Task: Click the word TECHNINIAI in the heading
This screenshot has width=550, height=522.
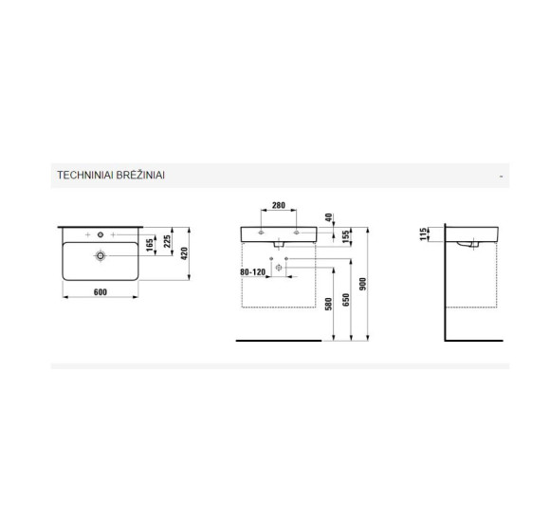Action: pos(85,176)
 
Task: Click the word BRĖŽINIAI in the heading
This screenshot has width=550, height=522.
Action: pos(140,175)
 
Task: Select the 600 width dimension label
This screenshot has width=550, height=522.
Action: pos(101,292)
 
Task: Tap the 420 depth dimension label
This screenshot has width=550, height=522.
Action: pos(184,253)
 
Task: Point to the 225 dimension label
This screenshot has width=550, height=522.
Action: pos(167,241)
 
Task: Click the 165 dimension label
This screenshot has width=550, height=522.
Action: pos(150,245)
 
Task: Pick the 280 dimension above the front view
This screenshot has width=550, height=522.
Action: pos(279,205)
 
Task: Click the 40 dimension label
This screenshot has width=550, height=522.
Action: pos(328,217)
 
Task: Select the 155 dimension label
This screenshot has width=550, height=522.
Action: pos(346,237)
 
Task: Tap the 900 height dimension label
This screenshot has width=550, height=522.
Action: pos(362,284)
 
